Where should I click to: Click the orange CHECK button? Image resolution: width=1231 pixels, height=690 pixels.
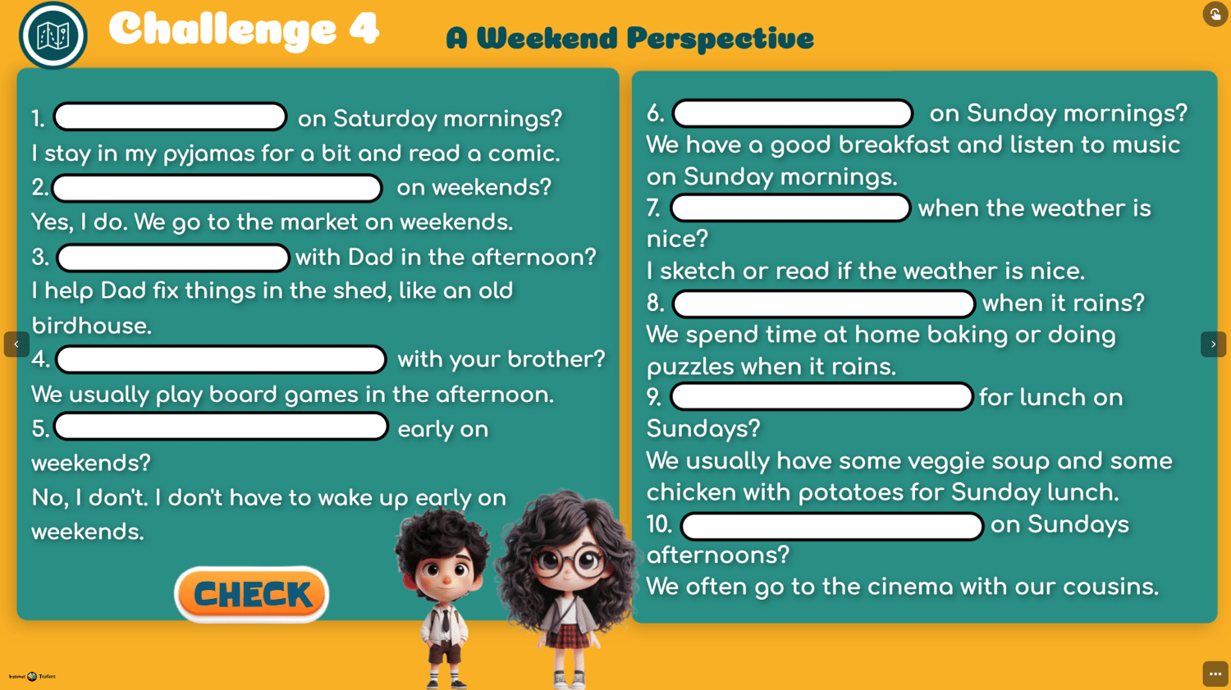click(252, 594)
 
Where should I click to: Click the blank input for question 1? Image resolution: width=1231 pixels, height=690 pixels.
click(171, 117)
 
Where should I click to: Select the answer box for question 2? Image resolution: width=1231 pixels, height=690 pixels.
click(217, 188)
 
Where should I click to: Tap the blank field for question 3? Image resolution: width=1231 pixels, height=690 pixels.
click(173, 258)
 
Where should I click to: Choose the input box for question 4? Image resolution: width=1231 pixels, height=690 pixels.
click(221, 360)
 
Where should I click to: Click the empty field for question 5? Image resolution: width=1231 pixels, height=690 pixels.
click(222, 427)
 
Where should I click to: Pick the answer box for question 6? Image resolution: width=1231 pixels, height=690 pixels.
click(793, 114)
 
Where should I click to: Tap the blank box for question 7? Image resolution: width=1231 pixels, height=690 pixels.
click(790, 208)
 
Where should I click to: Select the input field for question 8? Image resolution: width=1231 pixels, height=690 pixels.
click(824, 304)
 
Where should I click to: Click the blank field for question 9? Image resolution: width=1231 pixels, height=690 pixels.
click(821, 396)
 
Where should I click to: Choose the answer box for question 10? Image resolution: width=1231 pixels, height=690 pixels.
click(832, 526)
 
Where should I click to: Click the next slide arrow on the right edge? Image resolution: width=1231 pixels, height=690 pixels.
click(1214, 345)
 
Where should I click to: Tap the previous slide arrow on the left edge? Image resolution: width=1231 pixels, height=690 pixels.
click(16, 345)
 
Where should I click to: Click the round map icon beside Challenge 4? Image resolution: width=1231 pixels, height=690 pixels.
click(53, 36)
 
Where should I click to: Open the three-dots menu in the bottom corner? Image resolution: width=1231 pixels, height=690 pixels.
click(1215, 674)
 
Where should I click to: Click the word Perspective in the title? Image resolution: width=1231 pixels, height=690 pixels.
click(720, 39)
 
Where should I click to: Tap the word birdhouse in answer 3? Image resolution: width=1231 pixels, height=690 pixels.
click(91, 326)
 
